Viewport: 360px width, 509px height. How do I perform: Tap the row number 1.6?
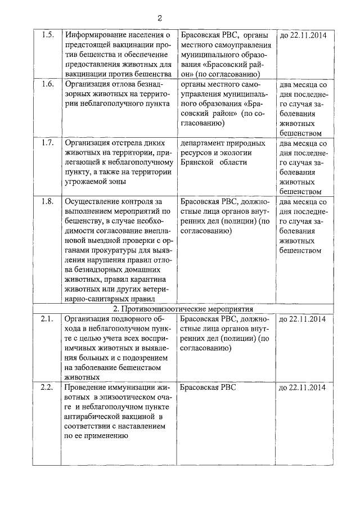[48, 84]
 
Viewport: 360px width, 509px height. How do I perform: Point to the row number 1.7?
[48, 143]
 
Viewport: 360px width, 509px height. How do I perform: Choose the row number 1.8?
[48, 201]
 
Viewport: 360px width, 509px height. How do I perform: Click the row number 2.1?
[48, 319]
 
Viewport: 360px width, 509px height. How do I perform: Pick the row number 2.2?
[48, 388]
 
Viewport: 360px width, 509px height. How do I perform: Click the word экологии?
[235, 152]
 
